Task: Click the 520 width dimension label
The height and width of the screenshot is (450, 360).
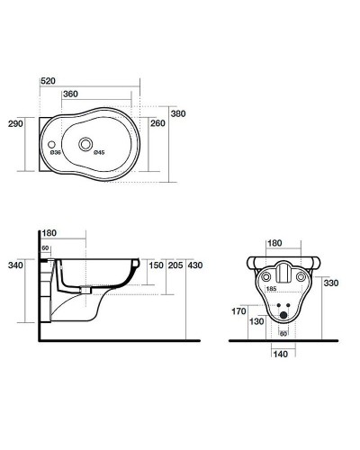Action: (x=48, y=81)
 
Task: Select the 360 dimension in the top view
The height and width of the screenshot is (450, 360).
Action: (x=70, y=94)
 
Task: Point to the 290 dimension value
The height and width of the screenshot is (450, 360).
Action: (x=15, y=123)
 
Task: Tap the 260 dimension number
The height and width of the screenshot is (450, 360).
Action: (x=157, y=123)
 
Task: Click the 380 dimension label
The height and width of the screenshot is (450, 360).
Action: (x=178, y=113)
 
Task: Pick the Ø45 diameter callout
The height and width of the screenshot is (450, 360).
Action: (x=99, y=153)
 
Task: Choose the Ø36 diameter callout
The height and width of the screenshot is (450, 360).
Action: (x=56, y=153)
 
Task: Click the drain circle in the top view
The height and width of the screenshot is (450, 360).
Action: (x=85, y=144)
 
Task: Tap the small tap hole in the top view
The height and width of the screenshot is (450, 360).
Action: (x=51, y=145)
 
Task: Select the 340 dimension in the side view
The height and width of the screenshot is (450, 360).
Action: (x=15, y=265)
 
